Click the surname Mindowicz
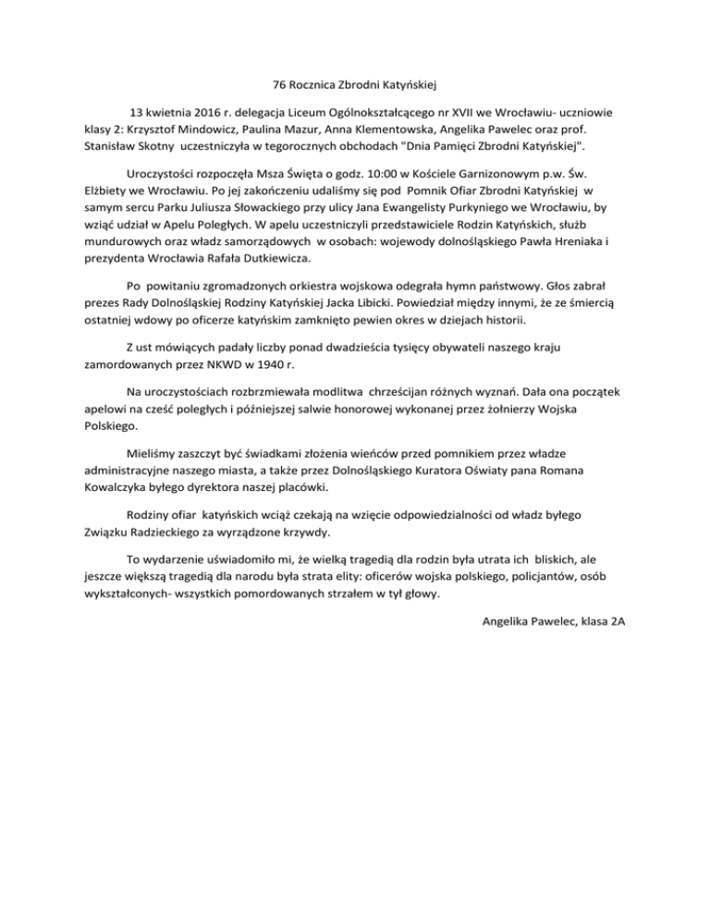(211, 129)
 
